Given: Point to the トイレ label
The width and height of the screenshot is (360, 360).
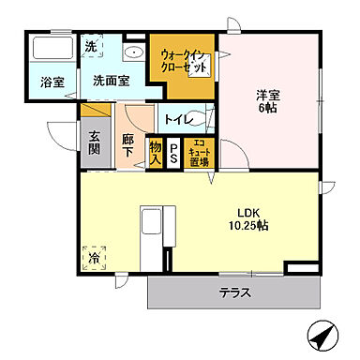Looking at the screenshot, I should coord(178,120).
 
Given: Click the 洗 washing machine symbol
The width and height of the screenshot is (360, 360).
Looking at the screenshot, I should coord(91,46).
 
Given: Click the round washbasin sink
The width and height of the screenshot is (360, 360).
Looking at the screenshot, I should coord(134,52).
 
